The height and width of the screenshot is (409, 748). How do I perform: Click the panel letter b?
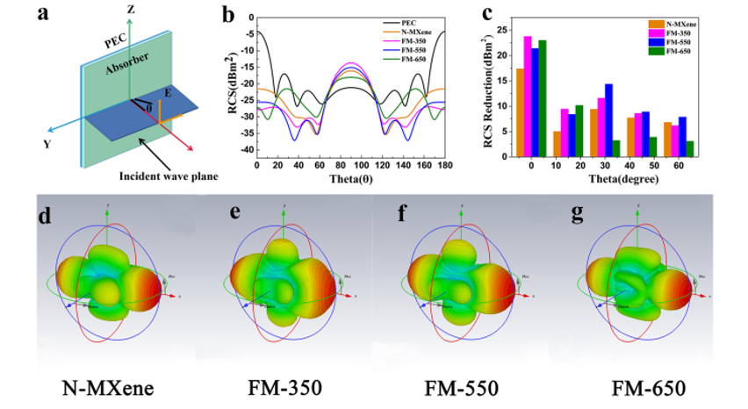click(x=228, y=15)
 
